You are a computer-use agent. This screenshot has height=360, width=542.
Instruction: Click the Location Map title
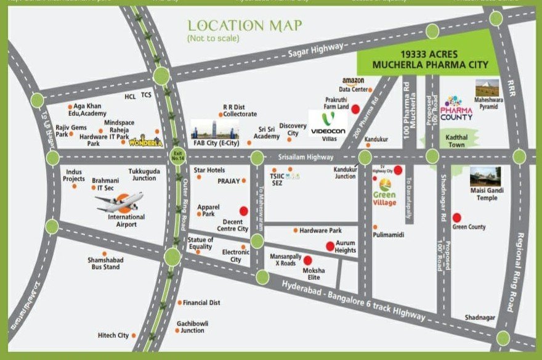[x=245, y=26]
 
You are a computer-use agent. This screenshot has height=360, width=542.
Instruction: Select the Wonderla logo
[x=144, y=142]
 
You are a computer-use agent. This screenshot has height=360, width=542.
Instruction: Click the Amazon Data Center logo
[x=354, y=81]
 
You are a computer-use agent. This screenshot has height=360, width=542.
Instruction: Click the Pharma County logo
[x=457, y=108]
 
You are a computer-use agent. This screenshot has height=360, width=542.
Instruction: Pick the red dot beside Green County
[x=456, y=217]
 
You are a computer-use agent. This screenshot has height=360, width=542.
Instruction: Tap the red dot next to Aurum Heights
[x=330, y=247]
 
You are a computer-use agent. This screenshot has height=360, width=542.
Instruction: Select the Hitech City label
[x=113, y=335]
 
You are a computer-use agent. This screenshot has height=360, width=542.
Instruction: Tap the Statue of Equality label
[x=201, y=243]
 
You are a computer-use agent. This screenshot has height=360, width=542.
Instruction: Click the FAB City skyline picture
[x=214, y=129]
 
